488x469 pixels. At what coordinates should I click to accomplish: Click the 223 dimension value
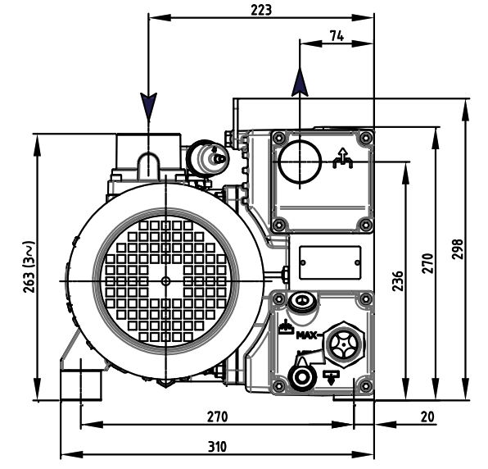coord(261,11)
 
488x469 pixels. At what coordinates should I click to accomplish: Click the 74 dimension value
coord(337,36)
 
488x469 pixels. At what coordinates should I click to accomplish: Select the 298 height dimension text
coord(457,249)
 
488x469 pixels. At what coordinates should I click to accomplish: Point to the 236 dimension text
coord(397,281)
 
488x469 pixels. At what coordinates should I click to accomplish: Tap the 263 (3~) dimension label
coord(29,266)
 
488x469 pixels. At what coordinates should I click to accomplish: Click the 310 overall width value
coord(217,447)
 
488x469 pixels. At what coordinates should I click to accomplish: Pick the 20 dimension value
coord(427,417)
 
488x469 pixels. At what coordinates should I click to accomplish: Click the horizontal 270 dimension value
coord(217,417)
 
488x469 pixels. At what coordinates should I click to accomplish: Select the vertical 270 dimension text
coord(427,263)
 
